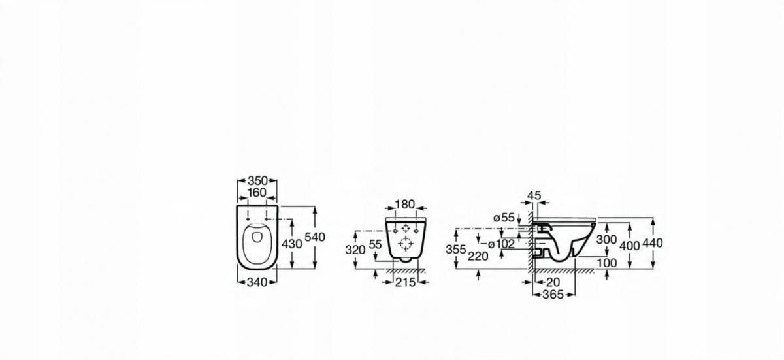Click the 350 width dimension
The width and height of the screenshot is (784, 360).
pos(257,180)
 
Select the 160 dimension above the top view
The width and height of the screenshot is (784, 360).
pos(257,193)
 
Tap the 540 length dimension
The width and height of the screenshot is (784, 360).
pos(315,237)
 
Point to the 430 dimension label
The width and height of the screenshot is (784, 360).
pos(292,244)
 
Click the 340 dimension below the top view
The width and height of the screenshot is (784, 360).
pos(257,282)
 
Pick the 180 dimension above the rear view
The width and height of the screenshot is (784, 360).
pos(405,205)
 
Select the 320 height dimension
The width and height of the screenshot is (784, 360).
pos(355,250)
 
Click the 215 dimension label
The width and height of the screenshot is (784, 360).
pos(405,282)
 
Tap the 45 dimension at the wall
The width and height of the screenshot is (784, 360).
pos(534,195)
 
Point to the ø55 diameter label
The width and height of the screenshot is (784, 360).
pos(504,218)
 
